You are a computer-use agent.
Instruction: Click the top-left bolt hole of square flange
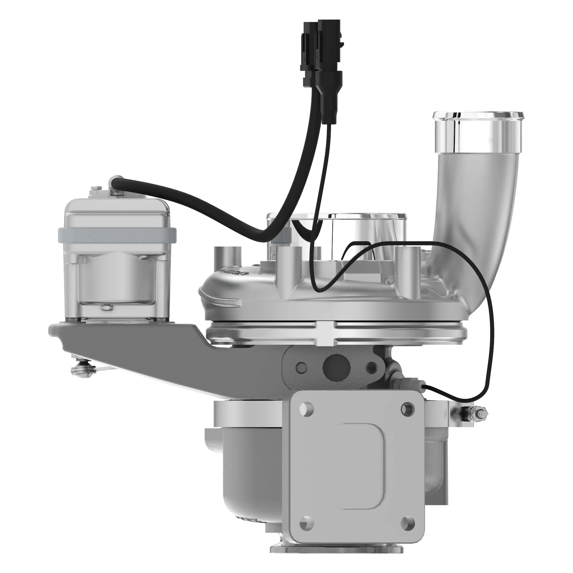coord(306,409)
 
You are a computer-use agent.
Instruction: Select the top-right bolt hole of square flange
coord(407,409)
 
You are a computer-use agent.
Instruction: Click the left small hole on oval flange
coord(301,368)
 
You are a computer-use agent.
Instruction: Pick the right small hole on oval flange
coord(371,368)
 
